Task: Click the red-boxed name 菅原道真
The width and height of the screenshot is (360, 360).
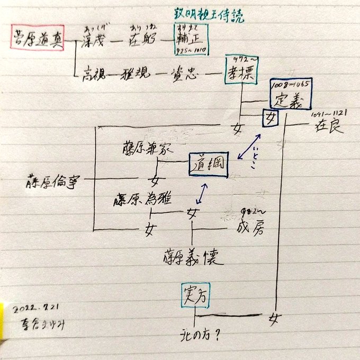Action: pos(37,39)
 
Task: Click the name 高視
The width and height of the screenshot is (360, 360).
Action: pos(95,74)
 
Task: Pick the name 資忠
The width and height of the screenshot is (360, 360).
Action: pos(185,74)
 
